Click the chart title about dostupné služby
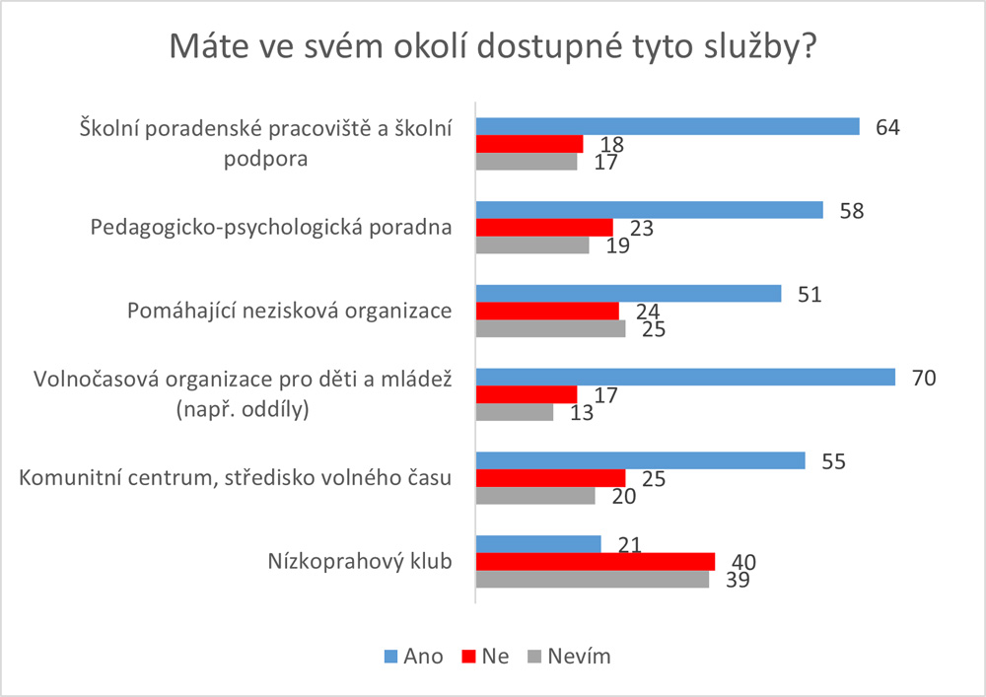coord(493,47)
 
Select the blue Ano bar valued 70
coord(685,378)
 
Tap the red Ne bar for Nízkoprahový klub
coord(596,561)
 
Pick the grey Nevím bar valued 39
coord(593,580)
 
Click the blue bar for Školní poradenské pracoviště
coord(668,126)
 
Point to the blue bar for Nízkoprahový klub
coord(538,543)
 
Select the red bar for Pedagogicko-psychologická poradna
coord(544,228)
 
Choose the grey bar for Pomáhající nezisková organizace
coord(550,329)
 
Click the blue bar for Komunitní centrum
coord(641,460)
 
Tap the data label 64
coord(889,126)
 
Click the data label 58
coord(853,210)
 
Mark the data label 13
coord(581,413)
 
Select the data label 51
coord(810,294)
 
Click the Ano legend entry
coord(412,656)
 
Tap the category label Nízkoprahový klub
coord(359,562)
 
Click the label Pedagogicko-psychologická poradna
coord(271,228)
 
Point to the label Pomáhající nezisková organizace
coord(290,312)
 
